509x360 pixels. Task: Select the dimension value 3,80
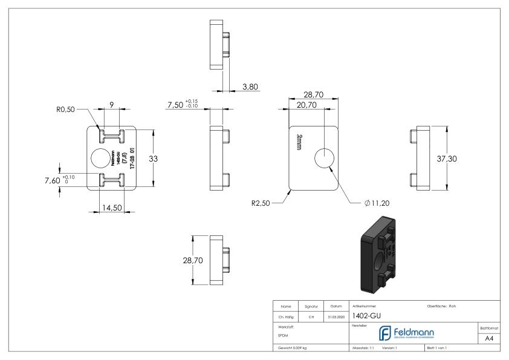250,87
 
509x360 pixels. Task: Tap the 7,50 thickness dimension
176,106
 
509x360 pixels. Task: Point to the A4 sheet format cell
491,339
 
